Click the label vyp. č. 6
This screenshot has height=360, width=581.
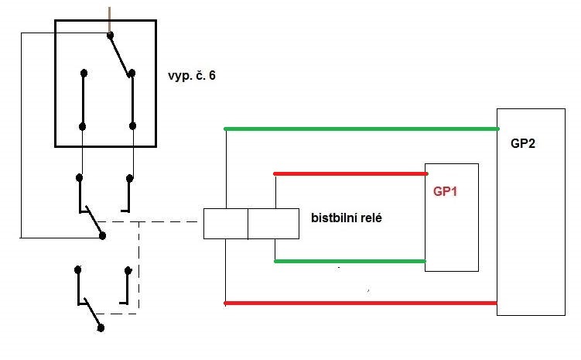point(192,76)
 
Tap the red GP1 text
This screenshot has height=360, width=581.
point(445,191)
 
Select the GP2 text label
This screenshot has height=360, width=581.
point(523,143)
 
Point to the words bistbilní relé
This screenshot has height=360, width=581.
point(347,218)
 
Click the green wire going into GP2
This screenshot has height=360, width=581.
point(361,129)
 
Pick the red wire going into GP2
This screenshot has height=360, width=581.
point(361,303)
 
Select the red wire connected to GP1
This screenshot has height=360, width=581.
point(350,173)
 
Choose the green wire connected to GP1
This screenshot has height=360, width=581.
point(350,262)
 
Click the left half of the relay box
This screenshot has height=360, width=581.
point(226,224)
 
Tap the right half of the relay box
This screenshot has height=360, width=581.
point(273,224)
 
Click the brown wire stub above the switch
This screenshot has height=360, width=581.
point(109,20)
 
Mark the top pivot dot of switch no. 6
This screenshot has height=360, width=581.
point(110,35)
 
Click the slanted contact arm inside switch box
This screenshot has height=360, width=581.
point(120,56)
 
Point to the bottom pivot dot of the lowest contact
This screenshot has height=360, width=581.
point(101,328)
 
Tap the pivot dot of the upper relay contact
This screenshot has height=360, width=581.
point(103,236)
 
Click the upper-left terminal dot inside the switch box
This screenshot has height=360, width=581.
point(84,73)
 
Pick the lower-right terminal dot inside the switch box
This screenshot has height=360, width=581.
point(132,126)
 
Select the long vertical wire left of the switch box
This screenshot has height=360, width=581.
point(21,135)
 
